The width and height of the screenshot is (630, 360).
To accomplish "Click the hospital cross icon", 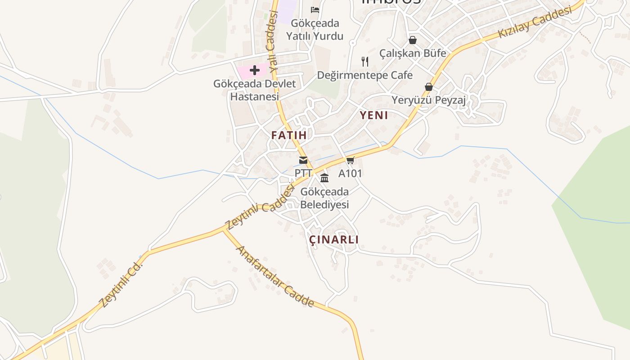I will tap(255, 70).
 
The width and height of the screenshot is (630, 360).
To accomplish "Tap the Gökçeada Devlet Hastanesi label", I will tap(255, 90).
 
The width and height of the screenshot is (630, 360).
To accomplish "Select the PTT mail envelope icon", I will tap(303, 160).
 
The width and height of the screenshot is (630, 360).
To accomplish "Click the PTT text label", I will tap(303, 173).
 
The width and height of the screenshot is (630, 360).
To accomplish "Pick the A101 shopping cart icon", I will tap(350, 160).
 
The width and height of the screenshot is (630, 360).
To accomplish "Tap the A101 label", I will tap(350, 173).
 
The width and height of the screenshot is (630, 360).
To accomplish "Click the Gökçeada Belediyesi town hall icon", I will tap(324, 178).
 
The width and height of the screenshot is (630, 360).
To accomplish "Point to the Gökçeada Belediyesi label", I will tap(324, 198).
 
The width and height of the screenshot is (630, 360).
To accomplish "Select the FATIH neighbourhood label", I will tap(289, 135).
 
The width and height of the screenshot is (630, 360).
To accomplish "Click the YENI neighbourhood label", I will tap(373, 115).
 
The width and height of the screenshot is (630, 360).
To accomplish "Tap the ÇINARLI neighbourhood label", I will tap(334, 239).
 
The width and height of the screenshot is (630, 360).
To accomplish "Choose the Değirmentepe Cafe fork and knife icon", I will tap(365, 61).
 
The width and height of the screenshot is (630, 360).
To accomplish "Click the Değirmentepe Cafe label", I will tap(365, 75).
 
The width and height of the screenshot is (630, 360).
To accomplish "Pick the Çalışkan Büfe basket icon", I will tap(413, 40).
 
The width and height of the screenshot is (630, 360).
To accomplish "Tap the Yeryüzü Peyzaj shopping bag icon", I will tap(428, 87).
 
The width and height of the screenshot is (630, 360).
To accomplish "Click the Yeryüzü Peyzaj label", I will tap(428, 100).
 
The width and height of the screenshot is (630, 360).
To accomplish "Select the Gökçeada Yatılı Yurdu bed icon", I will tap(315, 9).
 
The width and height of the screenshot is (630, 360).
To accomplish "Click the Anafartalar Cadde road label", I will tap(275, 276).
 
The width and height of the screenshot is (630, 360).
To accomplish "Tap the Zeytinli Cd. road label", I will tap(121, 285).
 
